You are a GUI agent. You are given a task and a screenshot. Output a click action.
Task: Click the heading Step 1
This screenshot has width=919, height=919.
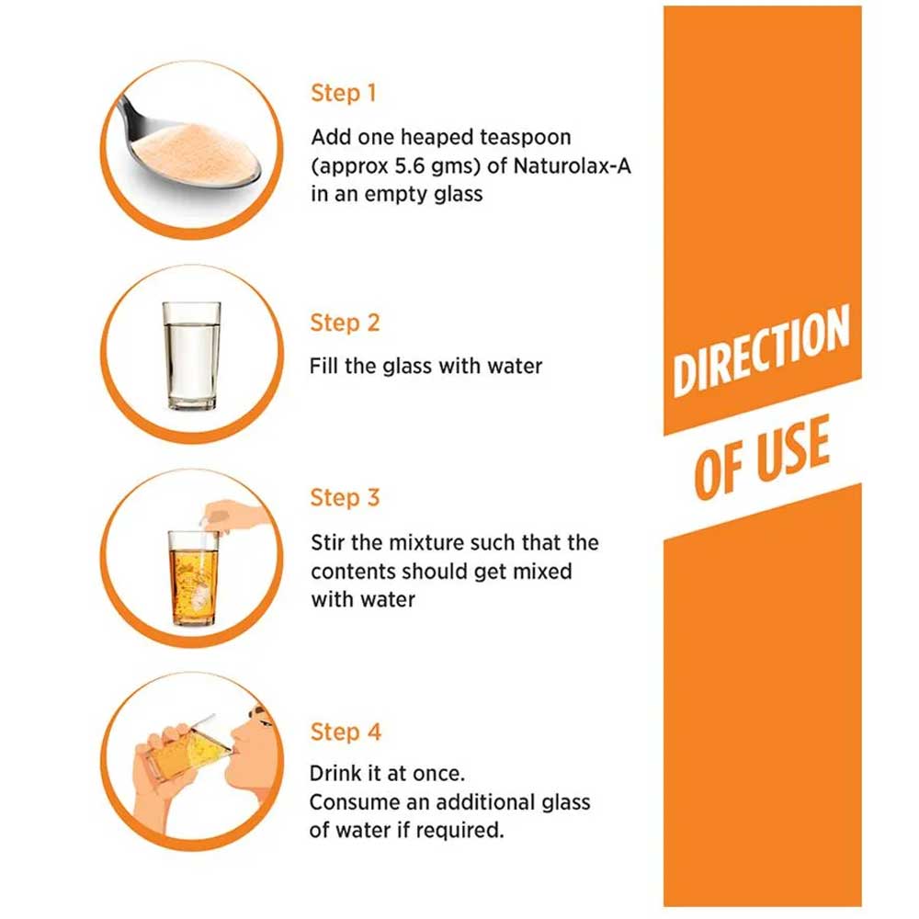pos(344,93)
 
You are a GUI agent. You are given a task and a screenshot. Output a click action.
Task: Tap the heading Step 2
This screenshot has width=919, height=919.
pos(346,323)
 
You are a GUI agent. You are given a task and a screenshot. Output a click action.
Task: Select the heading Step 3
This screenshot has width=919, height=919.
pos(346,497)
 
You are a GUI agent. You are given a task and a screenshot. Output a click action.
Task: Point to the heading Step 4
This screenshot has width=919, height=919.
pos(346,732)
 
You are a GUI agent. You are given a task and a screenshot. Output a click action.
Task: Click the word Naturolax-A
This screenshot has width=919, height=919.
pos(572,165)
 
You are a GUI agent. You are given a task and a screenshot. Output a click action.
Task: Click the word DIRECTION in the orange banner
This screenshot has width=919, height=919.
pos(761,350)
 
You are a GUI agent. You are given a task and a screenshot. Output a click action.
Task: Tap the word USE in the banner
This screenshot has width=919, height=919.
pos(794,448)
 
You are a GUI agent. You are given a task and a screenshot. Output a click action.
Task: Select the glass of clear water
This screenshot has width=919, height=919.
pos(192,356)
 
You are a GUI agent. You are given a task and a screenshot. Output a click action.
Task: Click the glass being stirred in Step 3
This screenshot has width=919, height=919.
pos(193,578)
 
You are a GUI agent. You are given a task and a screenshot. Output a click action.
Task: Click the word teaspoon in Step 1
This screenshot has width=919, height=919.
pos(525,138)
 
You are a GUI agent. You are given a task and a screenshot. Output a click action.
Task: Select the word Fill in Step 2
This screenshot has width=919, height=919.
pos(323,366)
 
